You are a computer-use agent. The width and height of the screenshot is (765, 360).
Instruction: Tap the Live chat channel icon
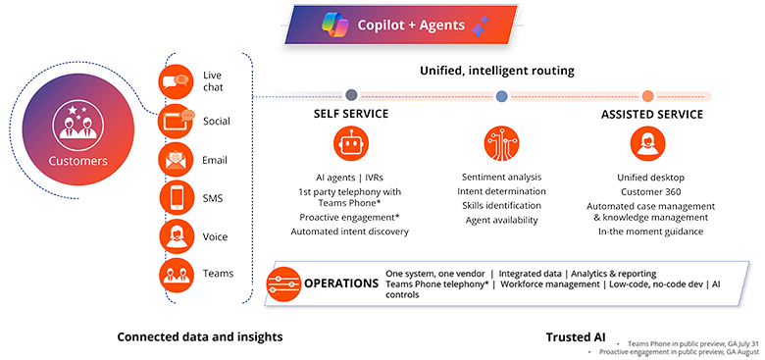coord(177,81)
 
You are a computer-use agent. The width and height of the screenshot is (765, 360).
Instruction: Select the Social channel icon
coord(177,122)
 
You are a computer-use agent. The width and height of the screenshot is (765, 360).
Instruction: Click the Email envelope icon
coord(177,160)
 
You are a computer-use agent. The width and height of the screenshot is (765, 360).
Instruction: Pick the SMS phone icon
coord(177,198)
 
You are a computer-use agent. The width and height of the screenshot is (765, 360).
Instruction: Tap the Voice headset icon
coord(177,236)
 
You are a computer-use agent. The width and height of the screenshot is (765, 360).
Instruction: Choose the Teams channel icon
coord(177,274)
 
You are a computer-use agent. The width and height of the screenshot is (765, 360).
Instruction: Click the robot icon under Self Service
coord(350,145)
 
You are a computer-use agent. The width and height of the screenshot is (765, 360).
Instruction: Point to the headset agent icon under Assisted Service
coord(647,145)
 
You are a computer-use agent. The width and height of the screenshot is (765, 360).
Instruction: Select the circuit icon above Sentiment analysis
coord(501,145)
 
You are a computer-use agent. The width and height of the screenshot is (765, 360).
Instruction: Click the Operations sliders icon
coord(283,283)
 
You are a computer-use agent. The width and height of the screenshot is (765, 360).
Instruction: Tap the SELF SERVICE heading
coord(350,114)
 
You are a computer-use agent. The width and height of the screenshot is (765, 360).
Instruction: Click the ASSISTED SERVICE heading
coord(651,114)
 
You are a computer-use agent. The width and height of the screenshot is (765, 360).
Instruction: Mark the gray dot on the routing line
coord(351,96)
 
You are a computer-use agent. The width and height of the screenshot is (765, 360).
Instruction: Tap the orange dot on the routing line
coord(647,96)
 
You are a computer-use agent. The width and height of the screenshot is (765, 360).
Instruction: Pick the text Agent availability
coord(501,220)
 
